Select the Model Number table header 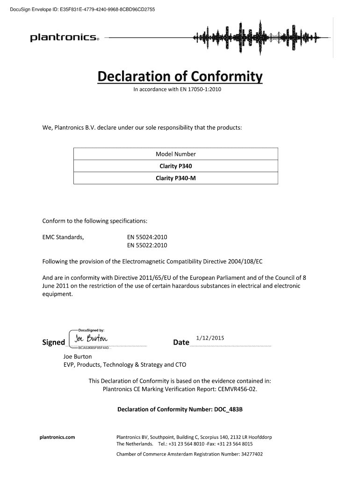[x=176, y=154]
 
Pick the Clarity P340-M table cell [x=176, y=178]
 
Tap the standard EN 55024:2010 [x=147, y=237]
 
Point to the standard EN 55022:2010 [x=147, y=245]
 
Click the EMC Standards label [x=63, y=237]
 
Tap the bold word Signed [x=54, y=342]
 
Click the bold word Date [x=181, y=342]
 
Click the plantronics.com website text [x=58, y=437]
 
